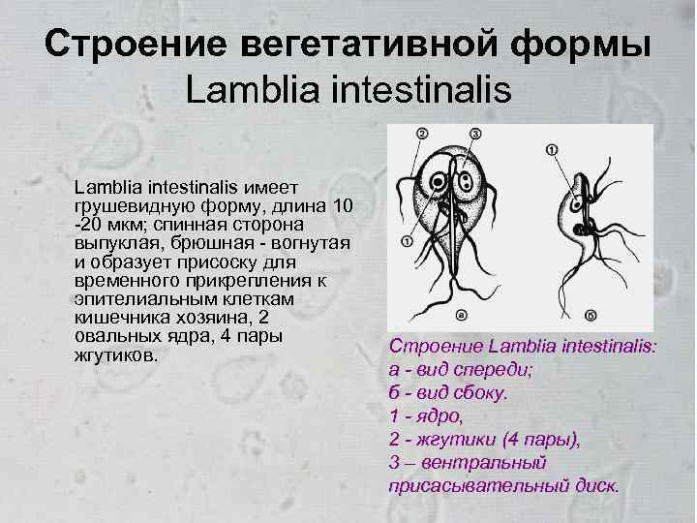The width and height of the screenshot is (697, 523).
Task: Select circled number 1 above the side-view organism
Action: pos(552,150)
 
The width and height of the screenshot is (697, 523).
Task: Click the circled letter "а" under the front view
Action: pos(460,314)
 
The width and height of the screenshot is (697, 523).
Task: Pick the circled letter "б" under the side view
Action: pos(590,314)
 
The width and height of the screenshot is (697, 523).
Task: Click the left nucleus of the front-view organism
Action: pos(441,181)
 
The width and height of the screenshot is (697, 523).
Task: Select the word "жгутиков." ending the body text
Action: pos(114,355)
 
